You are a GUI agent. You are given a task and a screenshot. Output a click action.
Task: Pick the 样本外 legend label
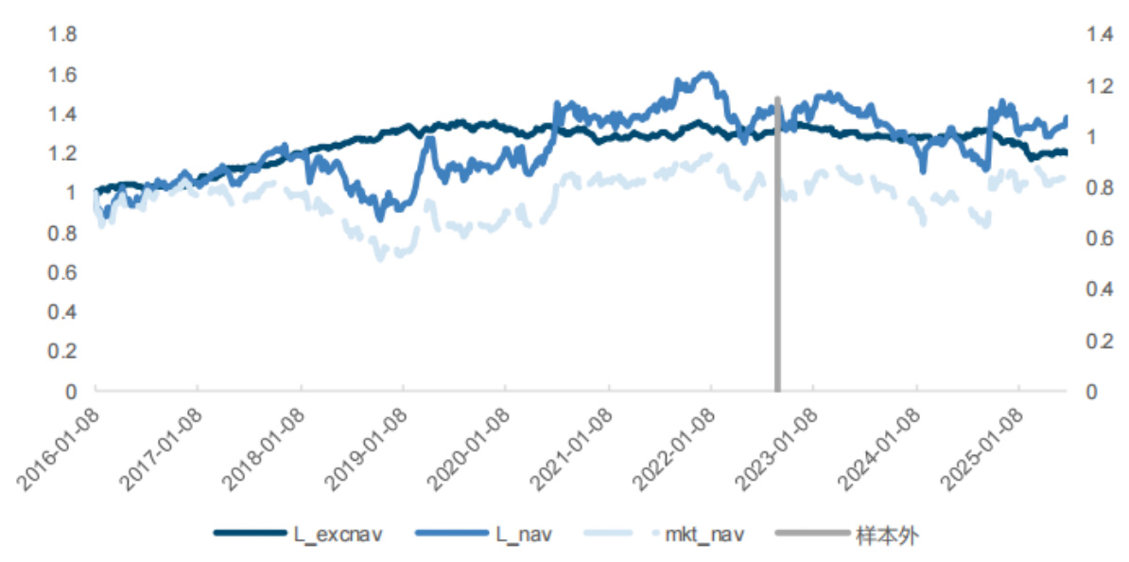click(x=886, y=536)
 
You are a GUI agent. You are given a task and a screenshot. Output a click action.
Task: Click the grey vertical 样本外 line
click(x=777, y=284)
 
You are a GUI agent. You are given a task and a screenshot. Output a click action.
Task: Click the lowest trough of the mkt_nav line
click(x=381, y=257)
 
